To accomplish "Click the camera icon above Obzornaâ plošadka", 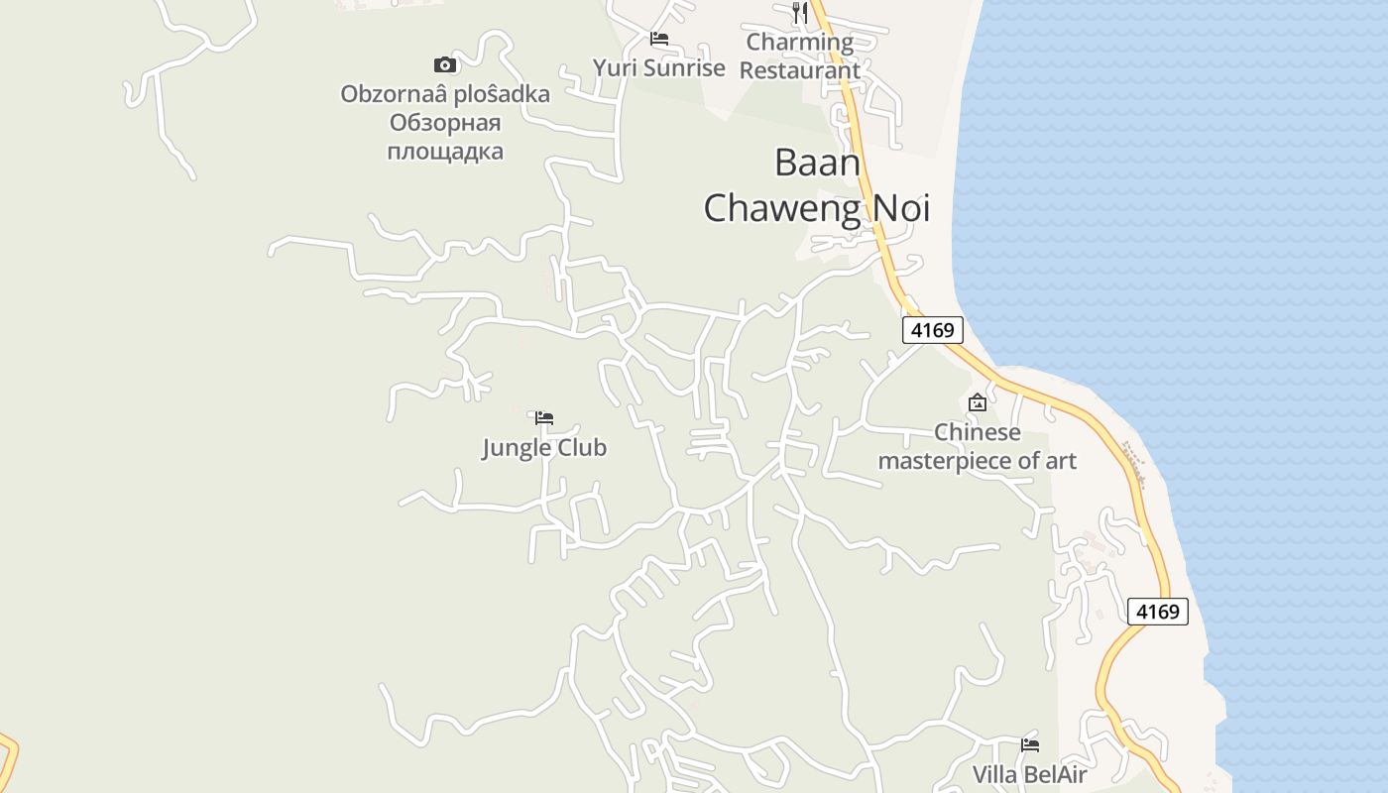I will pyautogui.click(x=445, y=65).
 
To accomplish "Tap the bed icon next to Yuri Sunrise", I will pyautogui.click(x=659, y=40).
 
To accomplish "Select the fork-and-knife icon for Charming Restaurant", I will pyautogui.click(x=800, y=13).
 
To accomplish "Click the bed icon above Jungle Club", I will pyautogui.click(x=544, y=418).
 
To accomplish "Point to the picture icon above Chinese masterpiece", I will pyautogui.click(x=978, y=402).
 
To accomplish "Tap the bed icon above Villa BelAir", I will pyautogui.click(x=1030, y=745).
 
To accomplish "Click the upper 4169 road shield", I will pyautogui.click(x=932, y=330).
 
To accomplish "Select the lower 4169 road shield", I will pyautogui.click(x=1157, y=612).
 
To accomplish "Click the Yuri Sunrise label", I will pyautogui.click(x=659, y=68).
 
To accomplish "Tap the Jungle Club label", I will pyautogui.click(x=544, y=448).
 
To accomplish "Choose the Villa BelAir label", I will pyautogui.click(x=1030, y=775).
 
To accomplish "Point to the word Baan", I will pyautogui.click(x=817, y=163).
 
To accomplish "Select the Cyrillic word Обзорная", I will pyautogui.click(x=445, y=124).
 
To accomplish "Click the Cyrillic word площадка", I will pyautogui.click(x=445, y=152).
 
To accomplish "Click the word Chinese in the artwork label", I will pyautogui.click(x=978, y=433).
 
